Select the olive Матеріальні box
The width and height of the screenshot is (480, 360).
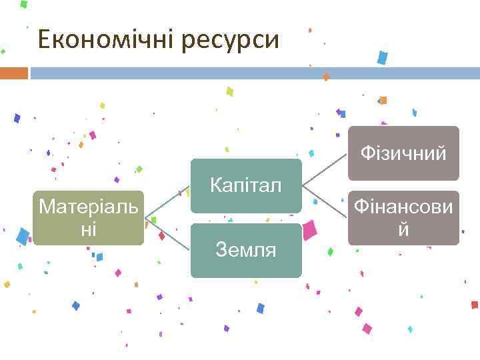[x=89, y=217]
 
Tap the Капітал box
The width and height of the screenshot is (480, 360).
[x=246, y=185]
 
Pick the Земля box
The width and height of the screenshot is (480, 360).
[x=246, y=251]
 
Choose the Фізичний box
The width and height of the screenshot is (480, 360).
[x=403, y=153]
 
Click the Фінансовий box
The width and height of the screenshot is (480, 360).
[x=403, y=218]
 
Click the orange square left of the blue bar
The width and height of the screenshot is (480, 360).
[x=13, y=73]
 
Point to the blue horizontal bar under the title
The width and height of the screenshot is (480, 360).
[x=253, y=73]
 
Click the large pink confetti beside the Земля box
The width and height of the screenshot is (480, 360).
[x=309, y=230]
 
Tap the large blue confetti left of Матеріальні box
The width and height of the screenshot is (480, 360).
[x=23, y=236]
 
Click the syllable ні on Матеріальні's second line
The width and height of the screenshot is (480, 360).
[x=89, y=229]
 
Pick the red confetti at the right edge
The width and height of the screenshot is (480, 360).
[x=474, y=305]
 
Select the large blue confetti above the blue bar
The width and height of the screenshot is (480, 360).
[x=382, y=57]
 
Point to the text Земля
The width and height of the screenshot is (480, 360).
[x=246, y=251]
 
